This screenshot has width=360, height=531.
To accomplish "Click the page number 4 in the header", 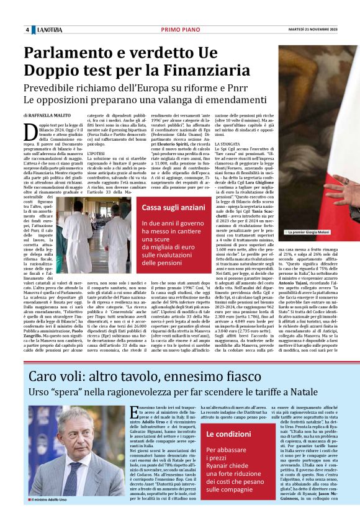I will [27, 30].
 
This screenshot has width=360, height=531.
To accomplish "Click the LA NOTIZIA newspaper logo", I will [49, 30].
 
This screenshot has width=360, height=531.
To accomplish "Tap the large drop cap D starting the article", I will [29, 131].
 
